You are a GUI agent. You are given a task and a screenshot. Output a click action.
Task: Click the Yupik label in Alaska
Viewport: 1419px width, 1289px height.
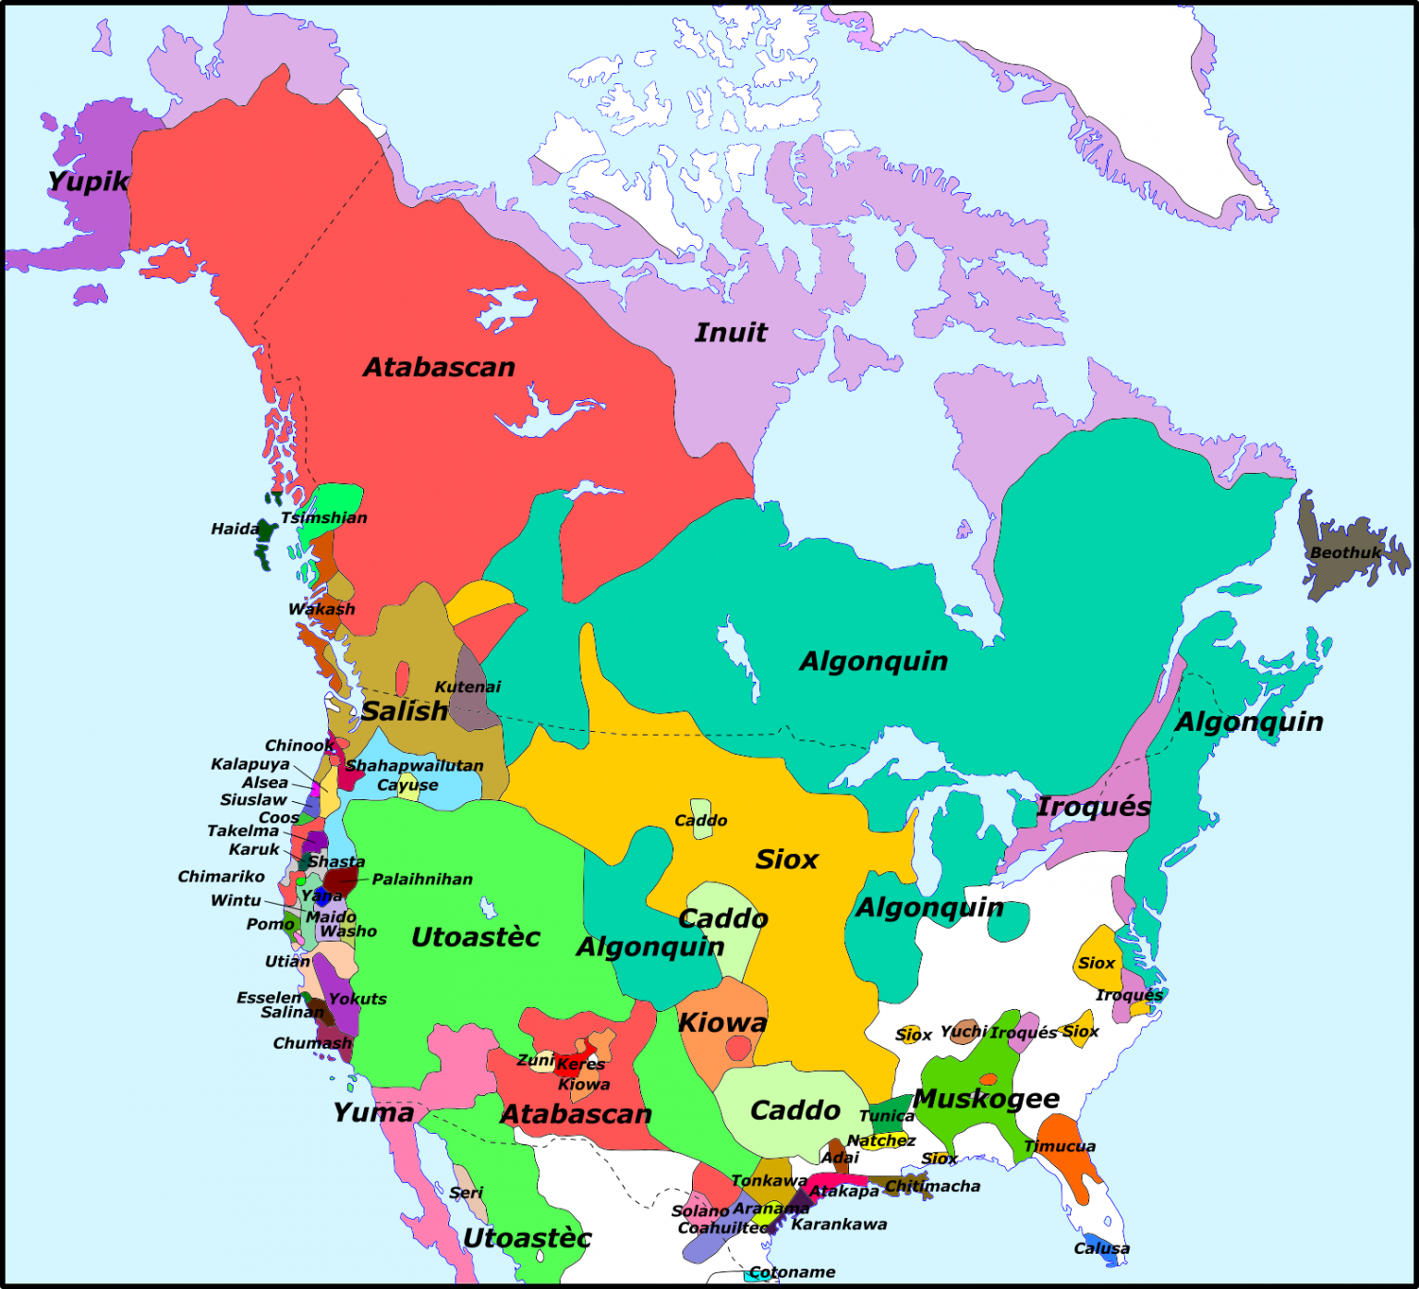88,181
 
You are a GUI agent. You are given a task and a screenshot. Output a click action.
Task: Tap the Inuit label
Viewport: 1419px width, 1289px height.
731,333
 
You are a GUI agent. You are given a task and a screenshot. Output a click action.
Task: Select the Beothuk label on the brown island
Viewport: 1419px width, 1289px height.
1345,553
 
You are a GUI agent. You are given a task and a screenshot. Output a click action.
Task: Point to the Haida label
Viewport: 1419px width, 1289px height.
235,529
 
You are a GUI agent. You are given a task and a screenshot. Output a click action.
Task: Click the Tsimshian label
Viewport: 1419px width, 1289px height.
324,517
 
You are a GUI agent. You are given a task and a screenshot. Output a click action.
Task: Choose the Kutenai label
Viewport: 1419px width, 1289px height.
467,687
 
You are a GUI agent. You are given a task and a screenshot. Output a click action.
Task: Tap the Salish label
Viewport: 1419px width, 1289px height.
405,711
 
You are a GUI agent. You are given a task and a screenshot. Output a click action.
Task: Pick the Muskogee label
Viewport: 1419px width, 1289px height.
986,1099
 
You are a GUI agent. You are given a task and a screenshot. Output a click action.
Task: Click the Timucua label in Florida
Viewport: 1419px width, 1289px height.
1060,1146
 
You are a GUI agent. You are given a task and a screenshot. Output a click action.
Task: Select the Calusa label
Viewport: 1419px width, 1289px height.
1101,1248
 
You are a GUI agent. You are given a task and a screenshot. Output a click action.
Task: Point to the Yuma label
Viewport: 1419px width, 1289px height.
373,1112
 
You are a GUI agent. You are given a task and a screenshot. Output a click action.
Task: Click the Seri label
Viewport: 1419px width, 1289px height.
467,1192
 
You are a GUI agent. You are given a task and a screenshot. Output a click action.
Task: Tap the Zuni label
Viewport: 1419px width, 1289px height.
535,1060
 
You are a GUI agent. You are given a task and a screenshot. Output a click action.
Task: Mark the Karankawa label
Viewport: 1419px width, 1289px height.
839,1224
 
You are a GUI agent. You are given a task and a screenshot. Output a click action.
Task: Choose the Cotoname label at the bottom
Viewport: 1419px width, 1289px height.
792,1272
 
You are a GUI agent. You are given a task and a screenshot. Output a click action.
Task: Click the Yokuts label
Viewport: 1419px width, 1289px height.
358,999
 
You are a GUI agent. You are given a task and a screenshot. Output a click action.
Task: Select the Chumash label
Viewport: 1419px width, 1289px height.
312,1042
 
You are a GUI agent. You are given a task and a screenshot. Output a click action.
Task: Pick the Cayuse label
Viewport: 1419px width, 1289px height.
407,784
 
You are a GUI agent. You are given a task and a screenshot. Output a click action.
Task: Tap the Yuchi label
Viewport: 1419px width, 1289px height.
964,1031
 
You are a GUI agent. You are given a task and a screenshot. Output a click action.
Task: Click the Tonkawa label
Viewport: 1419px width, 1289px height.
769,1180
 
